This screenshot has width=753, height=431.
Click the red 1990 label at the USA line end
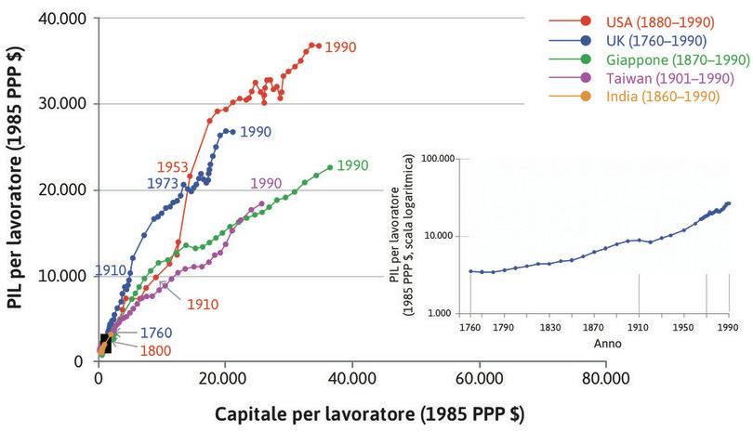(x=340, y=46)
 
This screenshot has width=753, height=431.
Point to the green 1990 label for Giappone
(x=353, y=166)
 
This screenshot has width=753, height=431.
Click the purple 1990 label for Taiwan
(x=266, y=183)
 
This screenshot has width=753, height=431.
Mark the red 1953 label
(x=173, y=166)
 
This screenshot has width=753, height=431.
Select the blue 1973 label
(x=163, y=184)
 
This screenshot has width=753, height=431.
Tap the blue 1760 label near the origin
(x=156, y=333)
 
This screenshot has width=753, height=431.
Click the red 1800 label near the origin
(x=156, y=350)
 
